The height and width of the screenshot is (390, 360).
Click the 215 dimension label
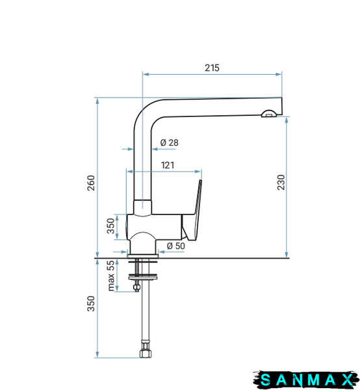[212, 68]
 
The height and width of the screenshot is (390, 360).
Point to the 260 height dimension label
[91, 183]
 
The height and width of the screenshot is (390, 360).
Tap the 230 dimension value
[281, 182]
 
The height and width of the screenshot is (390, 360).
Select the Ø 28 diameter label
[170, 142]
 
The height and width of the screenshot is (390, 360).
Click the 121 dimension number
[168, 165]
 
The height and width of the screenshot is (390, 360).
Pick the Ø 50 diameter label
[175, 246]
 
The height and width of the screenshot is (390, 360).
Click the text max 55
[111, 276]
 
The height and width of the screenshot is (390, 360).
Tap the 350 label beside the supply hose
[91, 304]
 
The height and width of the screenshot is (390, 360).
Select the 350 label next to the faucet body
[110, 226]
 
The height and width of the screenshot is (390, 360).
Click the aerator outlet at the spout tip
[268, 114]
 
